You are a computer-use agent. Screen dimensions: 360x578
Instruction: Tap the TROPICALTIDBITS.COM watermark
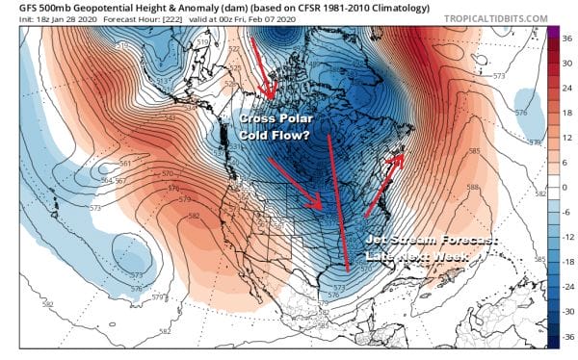[x=499, y=19]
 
